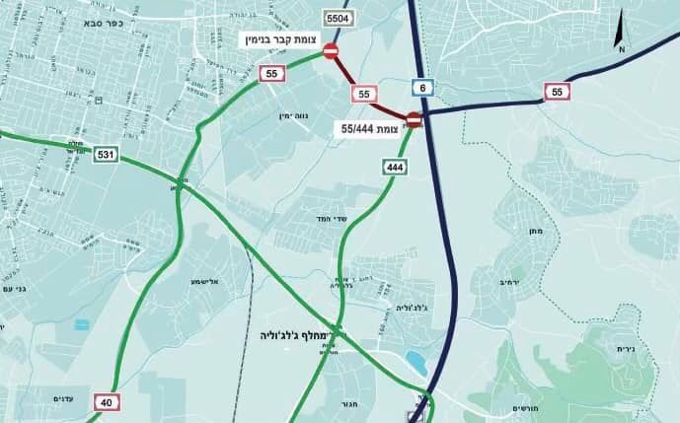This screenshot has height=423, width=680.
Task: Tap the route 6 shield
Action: [x=422, y=89]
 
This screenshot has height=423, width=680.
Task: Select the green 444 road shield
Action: [x=396, y=168]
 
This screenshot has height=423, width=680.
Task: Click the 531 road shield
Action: [x=106, y=155]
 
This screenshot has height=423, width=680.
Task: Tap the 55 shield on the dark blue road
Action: [x=558, y=93]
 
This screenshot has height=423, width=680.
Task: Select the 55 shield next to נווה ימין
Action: [x=271, y=73]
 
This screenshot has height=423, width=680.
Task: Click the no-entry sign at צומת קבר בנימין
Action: [x=331, y=51]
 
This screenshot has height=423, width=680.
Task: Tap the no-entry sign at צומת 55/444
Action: [x=415, y=120]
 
